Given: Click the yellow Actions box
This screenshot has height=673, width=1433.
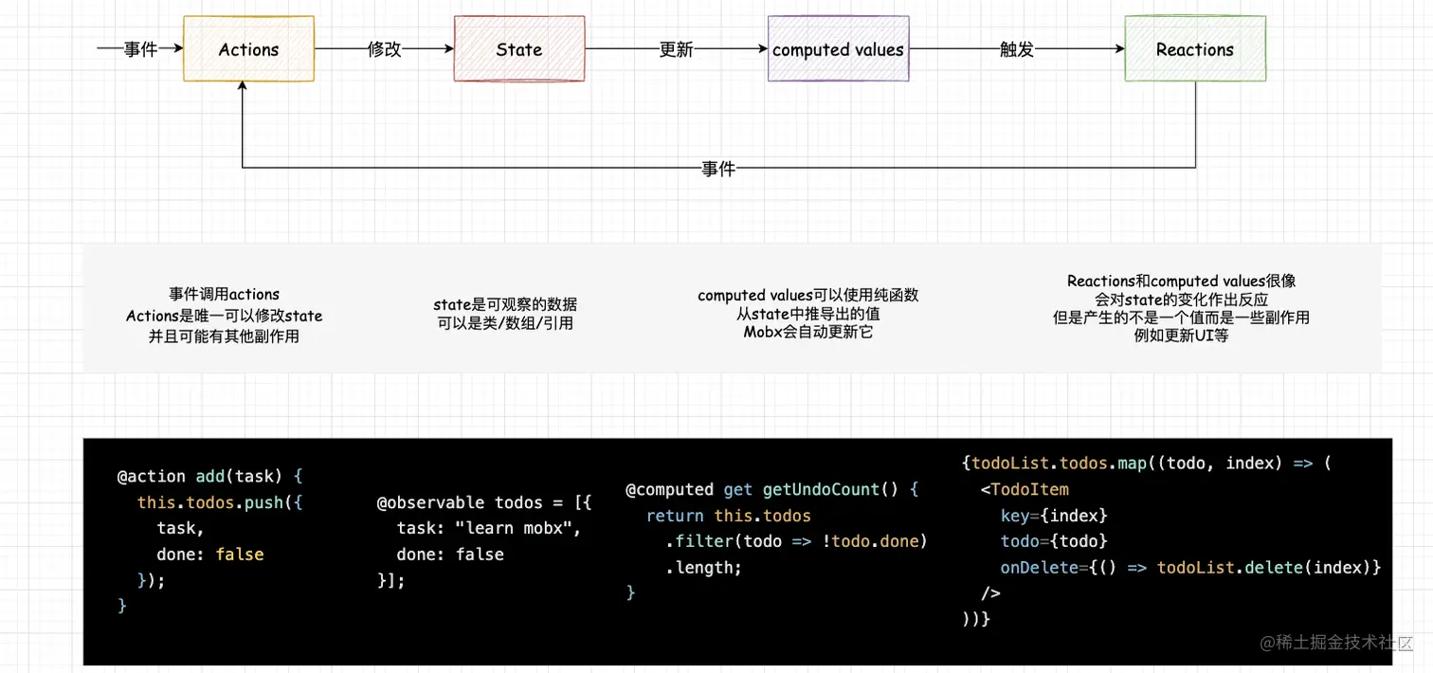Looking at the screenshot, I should (248, 49).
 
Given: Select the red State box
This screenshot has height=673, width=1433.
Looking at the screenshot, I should (518, 49).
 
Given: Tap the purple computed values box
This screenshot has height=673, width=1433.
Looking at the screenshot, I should (838, 49).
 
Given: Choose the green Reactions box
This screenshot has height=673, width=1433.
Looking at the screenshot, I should (1194, 49).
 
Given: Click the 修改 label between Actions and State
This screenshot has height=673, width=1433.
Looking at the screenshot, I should (385, 49).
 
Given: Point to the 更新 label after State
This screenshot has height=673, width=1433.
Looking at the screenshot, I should (676, 49).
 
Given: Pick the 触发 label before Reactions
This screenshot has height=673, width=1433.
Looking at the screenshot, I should (1017, 49).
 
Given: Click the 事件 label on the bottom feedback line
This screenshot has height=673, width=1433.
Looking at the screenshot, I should (718, 169).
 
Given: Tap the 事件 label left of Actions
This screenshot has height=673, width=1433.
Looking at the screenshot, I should (140, 49).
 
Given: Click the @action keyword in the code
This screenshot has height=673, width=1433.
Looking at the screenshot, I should (152, 477).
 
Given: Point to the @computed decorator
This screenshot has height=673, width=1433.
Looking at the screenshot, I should (669, 490).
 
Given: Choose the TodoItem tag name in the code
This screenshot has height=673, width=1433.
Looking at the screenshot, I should (1029, 490).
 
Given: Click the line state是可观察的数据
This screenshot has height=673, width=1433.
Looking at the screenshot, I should (504, 305).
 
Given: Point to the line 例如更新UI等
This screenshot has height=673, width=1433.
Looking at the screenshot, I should (1181, 336).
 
